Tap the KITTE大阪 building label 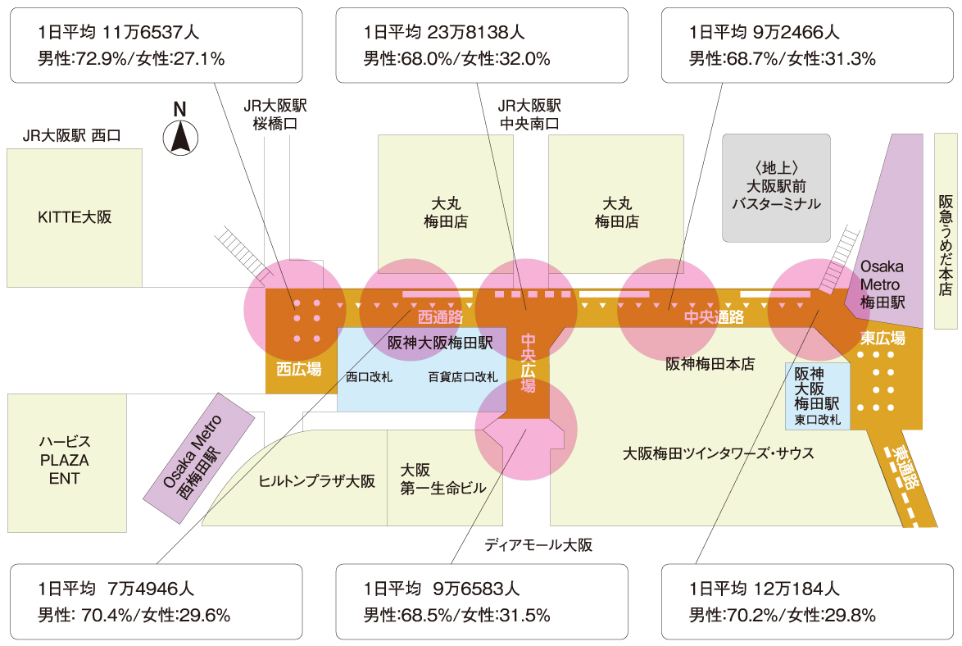[75, 217]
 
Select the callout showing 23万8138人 [483, 46]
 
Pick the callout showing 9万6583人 [483, 601]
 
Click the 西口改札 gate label [369, 378]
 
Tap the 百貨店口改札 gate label [463, 378]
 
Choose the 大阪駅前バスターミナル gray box [776, 188]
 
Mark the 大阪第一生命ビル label [442, 480]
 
